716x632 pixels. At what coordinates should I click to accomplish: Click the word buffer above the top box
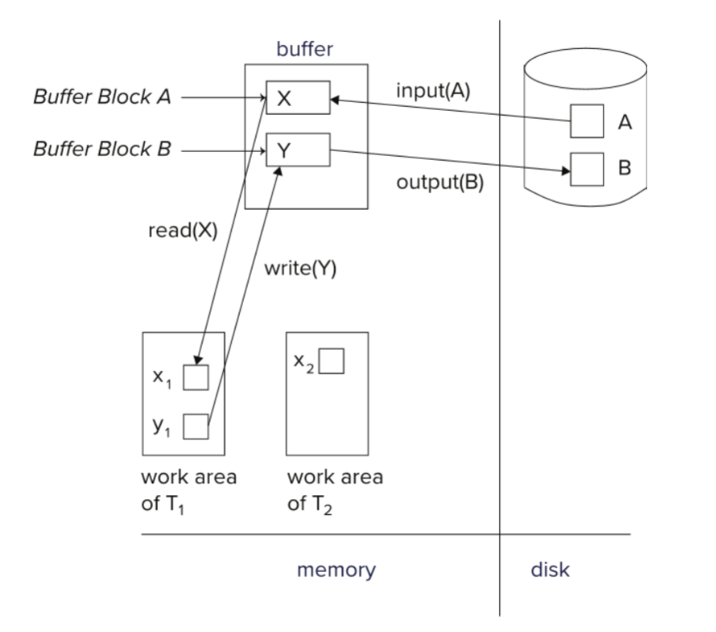(x=305, y=49)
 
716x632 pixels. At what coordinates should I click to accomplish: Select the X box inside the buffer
(x=298, y=98)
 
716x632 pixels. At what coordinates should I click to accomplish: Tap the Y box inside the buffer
(x=298, y=150)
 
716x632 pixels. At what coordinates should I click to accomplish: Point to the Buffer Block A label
(x=101, y=97)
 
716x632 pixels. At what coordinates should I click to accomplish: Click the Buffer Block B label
(x=101, y=149)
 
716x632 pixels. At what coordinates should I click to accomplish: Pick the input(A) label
(x=433, y=90)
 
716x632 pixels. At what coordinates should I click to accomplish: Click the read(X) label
(x=182, y=230)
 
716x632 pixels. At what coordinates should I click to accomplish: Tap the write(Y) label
(x=300, y=269)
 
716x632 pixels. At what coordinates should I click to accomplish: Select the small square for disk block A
(x=587, y=120)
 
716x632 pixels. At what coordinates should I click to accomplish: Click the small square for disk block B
(x=587, y=169)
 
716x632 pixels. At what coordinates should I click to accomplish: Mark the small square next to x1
(x=196, y=378)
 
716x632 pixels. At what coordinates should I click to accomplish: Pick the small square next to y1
(x=196, y=426)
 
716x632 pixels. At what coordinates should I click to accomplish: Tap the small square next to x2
(x=332, y=361)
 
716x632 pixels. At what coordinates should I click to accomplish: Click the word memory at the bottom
(x=336, y=569)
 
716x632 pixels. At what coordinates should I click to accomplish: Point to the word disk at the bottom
(x=550, y=569)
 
